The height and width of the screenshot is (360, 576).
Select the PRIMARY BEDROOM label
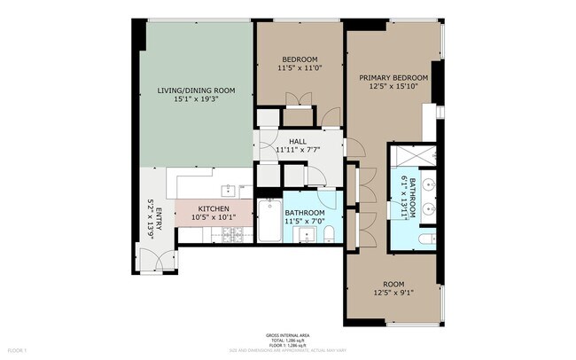(x=393, y=78)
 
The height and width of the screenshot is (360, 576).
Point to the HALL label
(x=298, y=140)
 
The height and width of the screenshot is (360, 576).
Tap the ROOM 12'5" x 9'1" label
(x=393, y=286)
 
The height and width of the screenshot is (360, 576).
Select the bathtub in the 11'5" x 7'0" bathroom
(x=269, y=221)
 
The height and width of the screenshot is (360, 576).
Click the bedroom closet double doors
(x=298, y=117)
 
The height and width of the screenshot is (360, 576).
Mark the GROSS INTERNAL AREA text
(x=288, y=335)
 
